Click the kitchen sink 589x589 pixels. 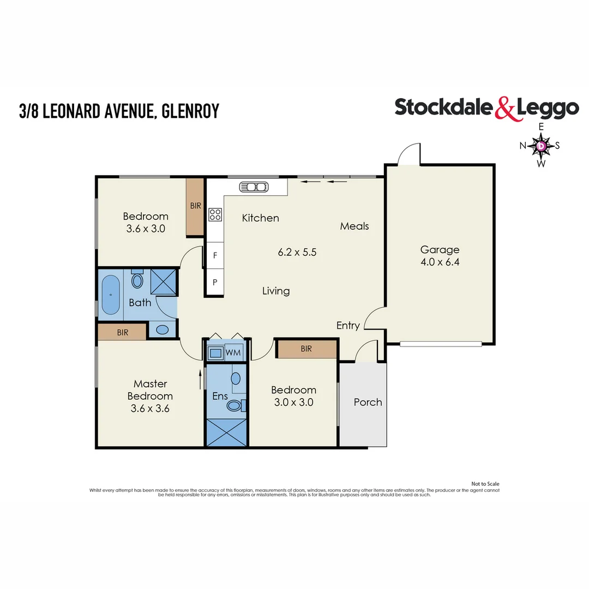click(254, 187)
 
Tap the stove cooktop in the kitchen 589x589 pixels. click(215, 215)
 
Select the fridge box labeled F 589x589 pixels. click(215, 255)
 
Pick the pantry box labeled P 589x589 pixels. click(215, 283)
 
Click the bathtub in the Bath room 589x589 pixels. click(111, 295)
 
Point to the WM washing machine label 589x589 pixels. click(233, 353)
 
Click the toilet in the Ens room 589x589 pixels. click(236, 405)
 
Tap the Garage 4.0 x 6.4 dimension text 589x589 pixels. click(440, 262)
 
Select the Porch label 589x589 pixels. click(368, 402)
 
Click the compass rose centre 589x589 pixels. click(541, 146)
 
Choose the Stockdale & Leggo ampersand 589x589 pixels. click(505, 108)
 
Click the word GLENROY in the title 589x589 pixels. click(190, 111)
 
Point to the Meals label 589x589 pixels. click(354, 226)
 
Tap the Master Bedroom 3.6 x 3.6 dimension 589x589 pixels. click(150, 408)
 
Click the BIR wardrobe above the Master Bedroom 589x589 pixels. click(122, 332)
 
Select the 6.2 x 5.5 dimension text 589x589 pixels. click(297, 253)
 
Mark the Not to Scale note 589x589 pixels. click(485, 484)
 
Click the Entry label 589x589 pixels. click(348, 326)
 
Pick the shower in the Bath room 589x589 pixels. click(163, 281)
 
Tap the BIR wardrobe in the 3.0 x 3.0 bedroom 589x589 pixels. click(306, 348)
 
